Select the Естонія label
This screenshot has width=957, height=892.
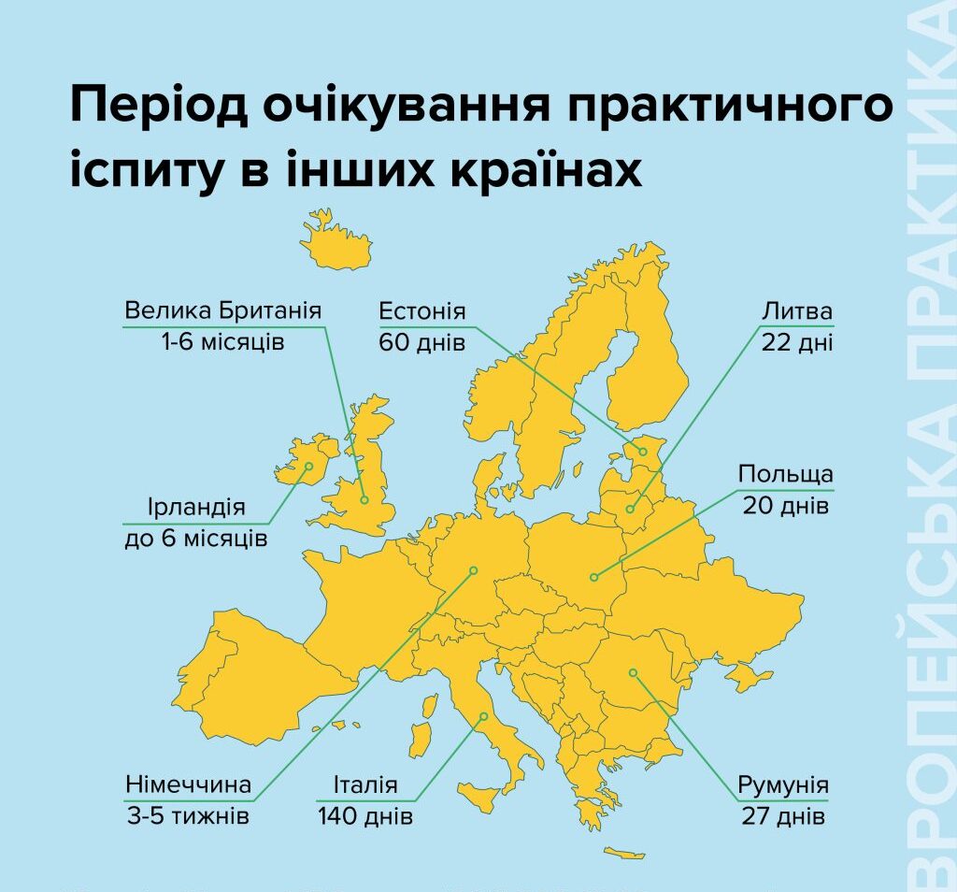[x=421, y=311]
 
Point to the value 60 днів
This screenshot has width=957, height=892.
[x=421, y=343]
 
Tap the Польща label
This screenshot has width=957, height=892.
[x=785, y=474]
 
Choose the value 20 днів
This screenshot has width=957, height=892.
[x=785, y=506]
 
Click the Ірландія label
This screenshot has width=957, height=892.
[x=196, y=509]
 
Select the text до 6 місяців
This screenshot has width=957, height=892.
[x=196, y=540]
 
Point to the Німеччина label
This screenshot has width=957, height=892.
[x=188, y=784]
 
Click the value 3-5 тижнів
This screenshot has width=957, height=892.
[x=188, y=816]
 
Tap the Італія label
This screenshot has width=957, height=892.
[x=364, y=784]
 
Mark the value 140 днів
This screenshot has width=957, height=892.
[x=364, y=816]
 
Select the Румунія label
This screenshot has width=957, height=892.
[x=783, y=784]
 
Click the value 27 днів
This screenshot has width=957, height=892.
[x=783, y=816]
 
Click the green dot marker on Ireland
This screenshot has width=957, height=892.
[x=308, y=466]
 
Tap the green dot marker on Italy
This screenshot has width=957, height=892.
[x=484, y=717]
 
